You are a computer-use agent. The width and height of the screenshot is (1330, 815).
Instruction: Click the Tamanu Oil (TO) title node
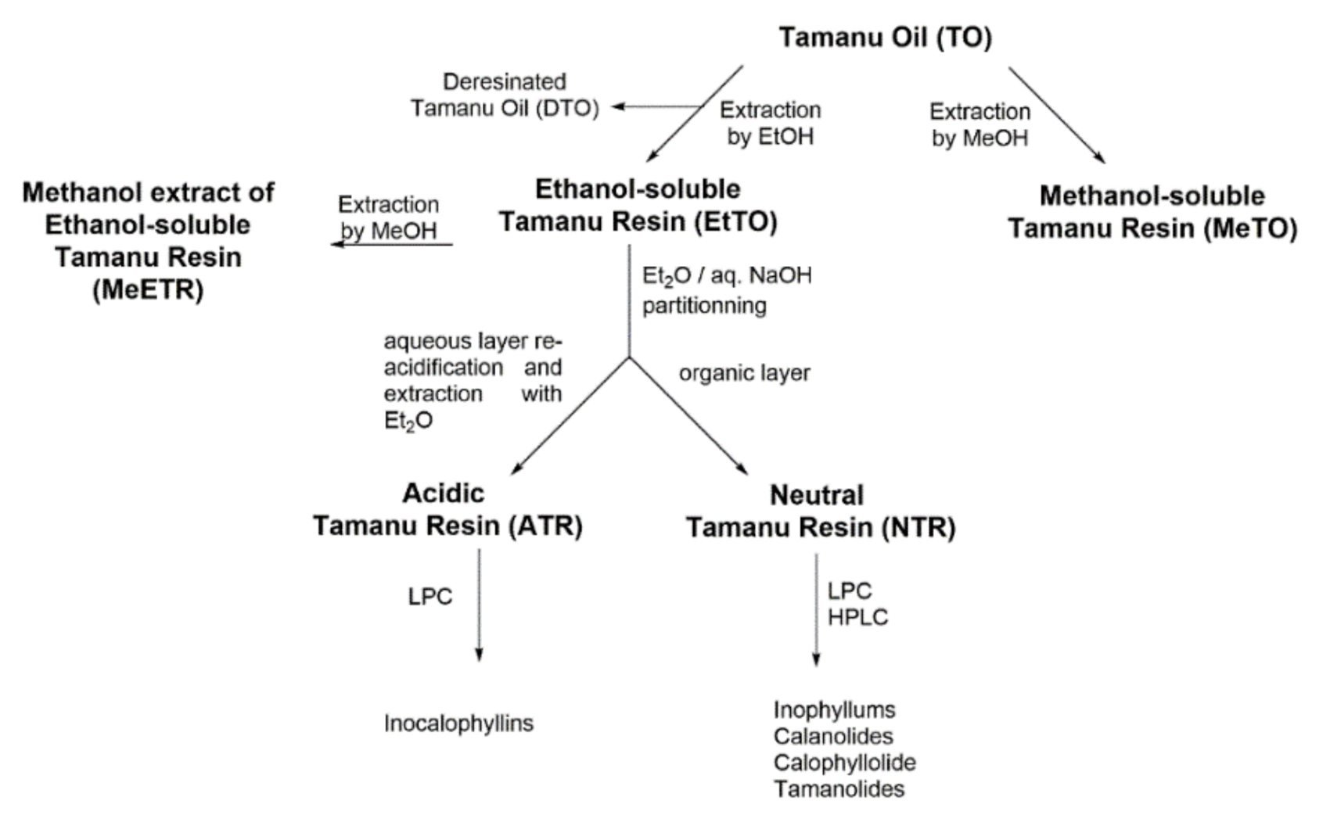coord(885,37)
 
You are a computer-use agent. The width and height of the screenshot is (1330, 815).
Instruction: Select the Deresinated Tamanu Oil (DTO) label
coord(505,95)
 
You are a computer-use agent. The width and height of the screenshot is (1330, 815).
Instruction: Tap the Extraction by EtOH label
coord(771,123)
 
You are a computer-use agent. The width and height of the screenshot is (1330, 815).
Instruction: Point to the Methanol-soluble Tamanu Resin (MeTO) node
coord(1152,212)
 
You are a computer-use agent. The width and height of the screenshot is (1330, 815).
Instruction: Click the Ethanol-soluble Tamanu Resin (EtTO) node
coord(638,205)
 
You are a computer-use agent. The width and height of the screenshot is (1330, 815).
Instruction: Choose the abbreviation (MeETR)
coord(148,290)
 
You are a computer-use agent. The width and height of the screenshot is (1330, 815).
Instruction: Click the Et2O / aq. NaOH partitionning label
coord(726,290)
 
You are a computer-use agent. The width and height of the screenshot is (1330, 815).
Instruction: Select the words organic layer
coord(744,373)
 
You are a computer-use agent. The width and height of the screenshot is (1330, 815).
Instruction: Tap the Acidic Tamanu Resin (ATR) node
coord(448,509)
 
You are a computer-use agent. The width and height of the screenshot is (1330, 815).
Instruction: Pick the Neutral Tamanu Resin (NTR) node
coord(821,512)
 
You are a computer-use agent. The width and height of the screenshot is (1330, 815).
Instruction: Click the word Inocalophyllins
coord(458,723)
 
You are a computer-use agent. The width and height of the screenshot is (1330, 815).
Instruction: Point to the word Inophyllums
coord(834,710)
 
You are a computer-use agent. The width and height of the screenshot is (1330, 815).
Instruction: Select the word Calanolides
coord(833,736)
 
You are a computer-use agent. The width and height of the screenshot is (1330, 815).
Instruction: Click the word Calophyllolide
coord(844,763)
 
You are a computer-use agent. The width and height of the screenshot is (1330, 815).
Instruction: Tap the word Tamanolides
coord(839,789)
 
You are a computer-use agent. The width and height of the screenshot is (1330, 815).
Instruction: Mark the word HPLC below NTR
coord(857,617)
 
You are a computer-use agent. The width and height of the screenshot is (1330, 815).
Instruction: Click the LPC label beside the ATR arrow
coord(430,597)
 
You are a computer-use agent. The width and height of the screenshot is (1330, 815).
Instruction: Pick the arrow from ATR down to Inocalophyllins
coord(479,605)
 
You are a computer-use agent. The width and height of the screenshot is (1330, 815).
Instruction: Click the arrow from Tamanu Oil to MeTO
coord(1056,114)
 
